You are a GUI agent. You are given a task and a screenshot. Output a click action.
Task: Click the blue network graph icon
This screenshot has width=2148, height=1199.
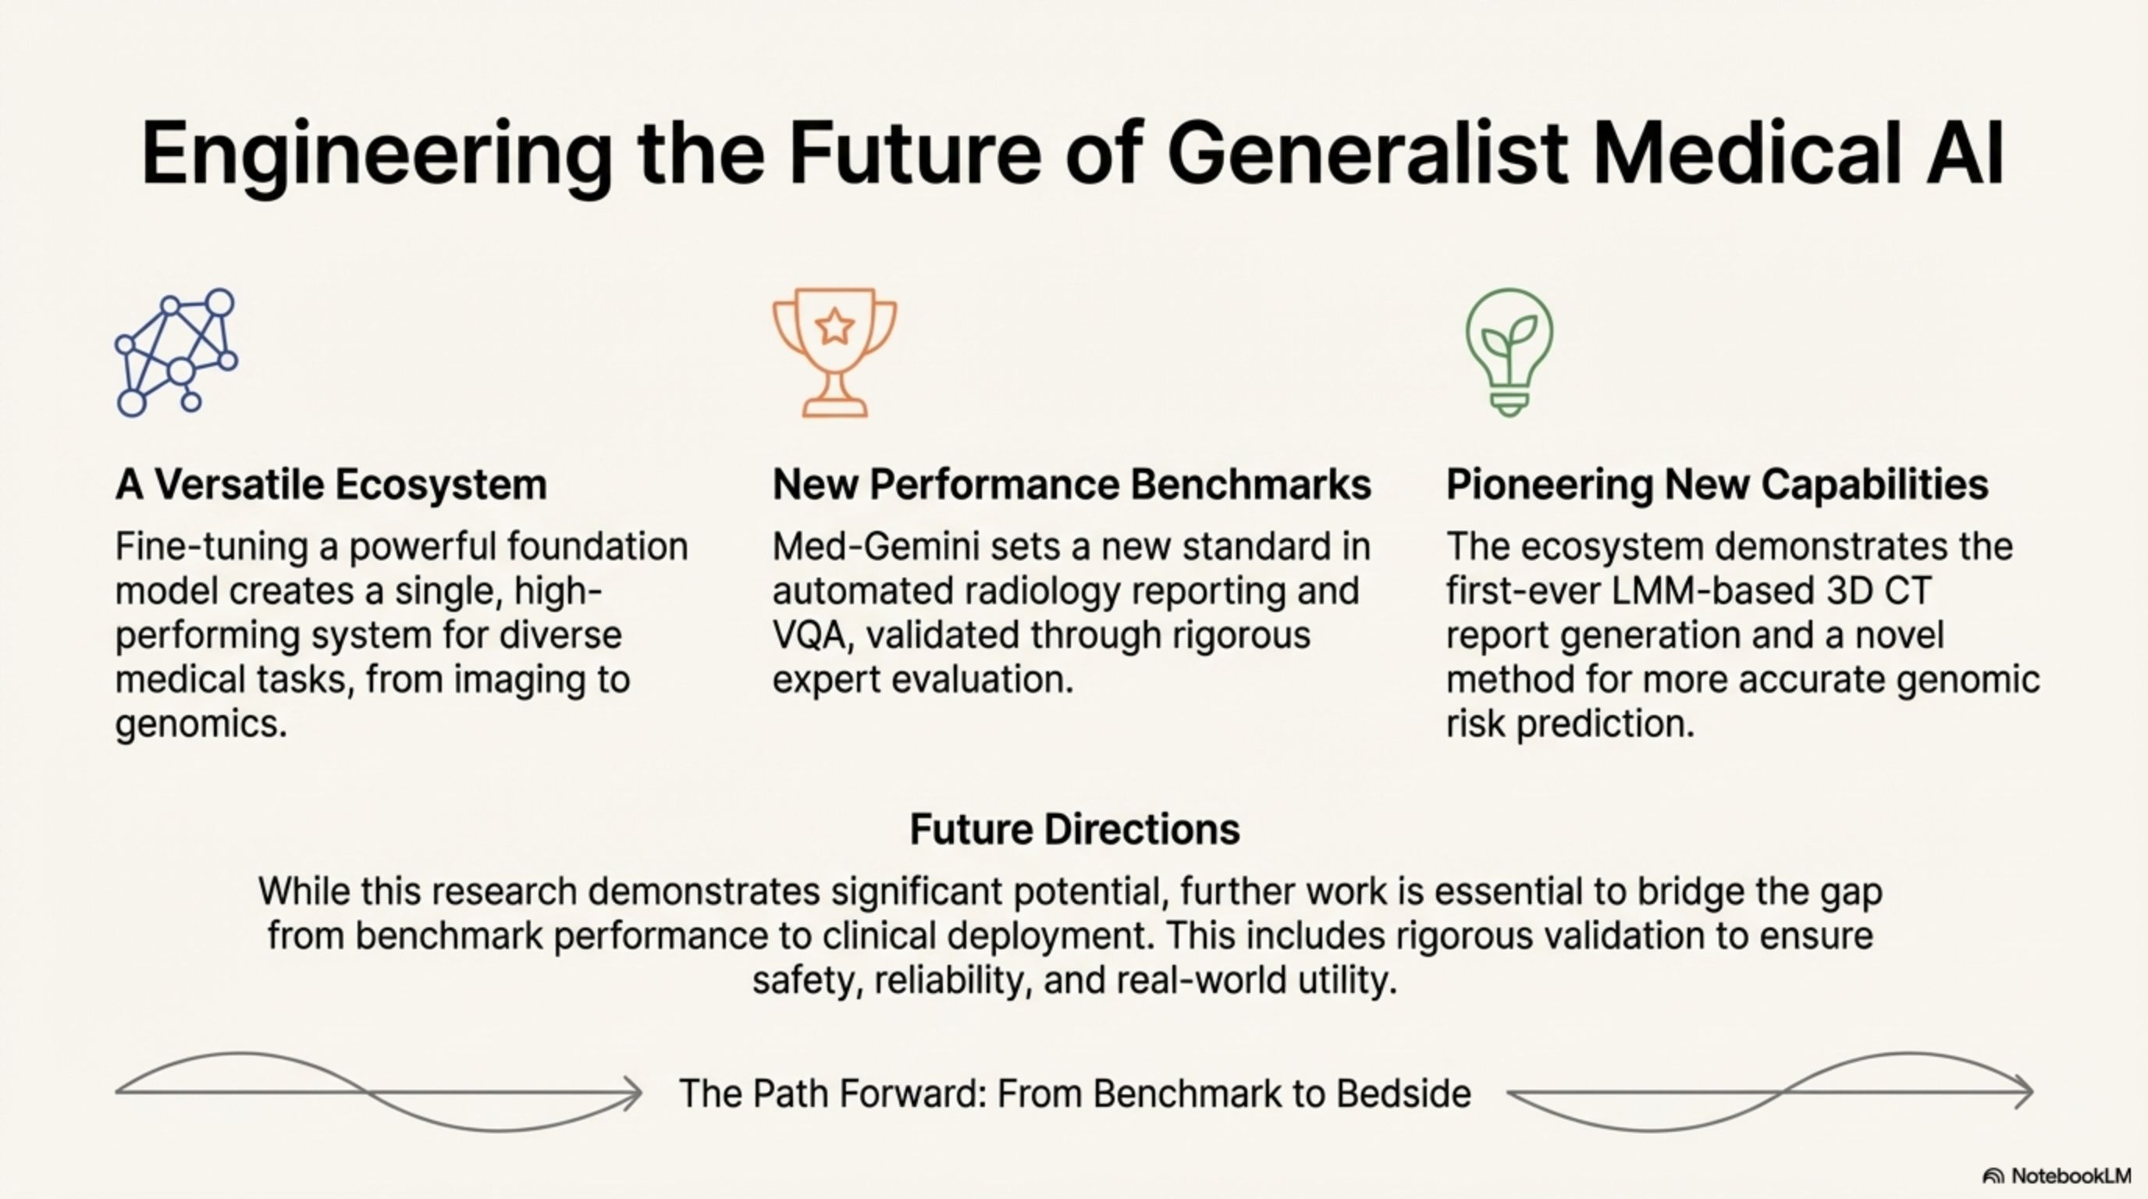tap(176, 352)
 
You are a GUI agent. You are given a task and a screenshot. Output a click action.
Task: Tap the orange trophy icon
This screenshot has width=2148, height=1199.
tap(834, 352)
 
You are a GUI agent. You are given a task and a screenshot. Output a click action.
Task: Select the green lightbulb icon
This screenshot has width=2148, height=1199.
tap(1510, 352)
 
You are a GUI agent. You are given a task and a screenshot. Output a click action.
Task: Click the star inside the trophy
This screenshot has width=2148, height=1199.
tap(834, 326)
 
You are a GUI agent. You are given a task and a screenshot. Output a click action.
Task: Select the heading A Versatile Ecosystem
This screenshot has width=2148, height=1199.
tap(331, 485)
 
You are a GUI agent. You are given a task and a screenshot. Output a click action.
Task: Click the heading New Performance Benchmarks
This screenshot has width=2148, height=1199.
tap(1072, 485)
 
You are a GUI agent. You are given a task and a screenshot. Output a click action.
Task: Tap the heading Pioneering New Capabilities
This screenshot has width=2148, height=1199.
tap(1717, 485)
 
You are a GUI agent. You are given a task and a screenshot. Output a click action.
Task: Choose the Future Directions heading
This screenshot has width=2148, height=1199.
tap(1075, 829)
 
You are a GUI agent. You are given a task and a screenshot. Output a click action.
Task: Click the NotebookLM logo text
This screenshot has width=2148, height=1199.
tap(2072, 1176)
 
